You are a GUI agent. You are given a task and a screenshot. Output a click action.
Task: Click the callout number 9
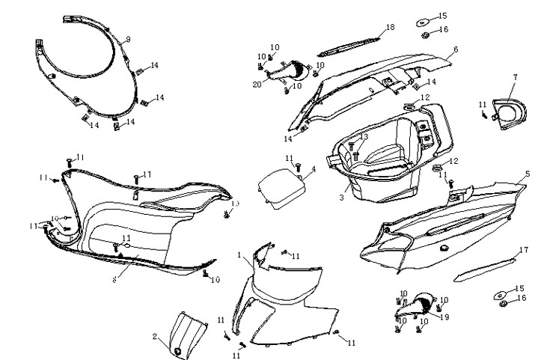[128, 39]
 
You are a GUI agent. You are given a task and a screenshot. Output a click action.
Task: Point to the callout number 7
[515, 78]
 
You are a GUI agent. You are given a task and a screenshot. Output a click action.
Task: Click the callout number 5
[527, 174]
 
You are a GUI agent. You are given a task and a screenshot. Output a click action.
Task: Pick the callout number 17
[525, 249]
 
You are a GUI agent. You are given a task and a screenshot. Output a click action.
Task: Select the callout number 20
[257, 84]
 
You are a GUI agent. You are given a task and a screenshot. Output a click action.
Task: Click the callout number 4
[314, 170]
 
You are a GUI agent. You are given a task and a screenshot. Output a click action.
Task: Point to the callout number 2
[155, 336]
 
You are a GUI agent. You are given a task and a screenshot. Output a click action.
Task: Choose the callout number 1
[239, 256]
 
